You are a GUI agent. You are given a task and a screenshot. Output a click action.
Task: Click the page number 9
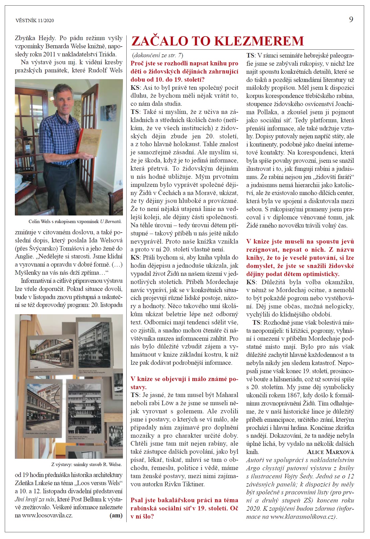[x=351, y=19]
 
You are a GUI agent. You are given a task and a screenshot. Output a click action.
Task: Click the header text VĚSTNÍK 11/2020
[x=35, y=20]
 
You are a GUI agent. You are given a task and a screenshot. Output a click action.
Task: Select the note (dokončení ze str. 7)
[x=157, y=55]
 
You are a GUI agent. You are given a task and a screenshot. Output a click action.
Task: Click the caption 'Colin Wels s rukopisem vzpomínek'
[x=64, y=221]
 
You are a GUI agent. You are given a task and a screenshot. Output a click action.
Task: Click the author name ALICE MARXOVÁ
[x=330, y=452]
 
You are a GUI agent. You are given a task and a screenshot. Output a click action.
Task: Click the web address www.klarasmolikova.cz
[x=302, y=517]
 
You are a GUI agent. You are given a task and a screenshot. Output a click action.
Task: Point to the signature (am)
[x=116, y=515]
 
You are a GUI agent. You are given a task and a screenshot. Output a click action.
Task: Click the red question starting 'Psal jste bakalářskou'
[x=184, y=500]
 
